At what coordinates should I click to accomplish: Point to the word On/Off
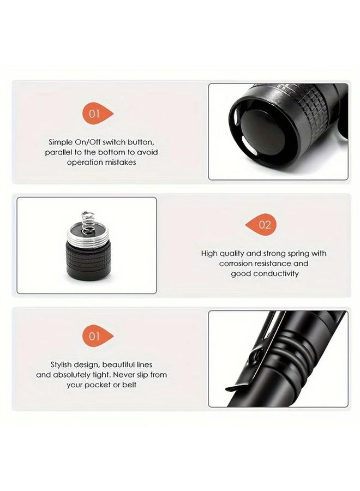(x=92, y=142)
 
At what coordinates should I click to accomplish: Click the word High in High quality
(x=210, y=254)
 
